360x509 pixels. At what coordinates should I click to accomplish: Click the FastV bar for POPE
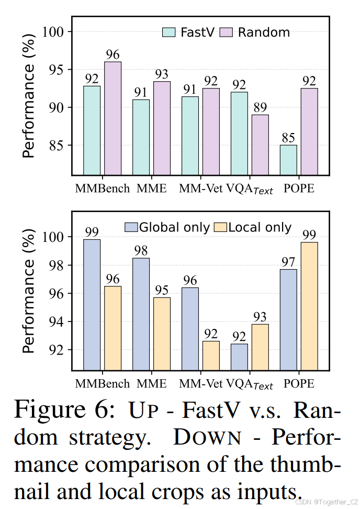pyautogui.click(x=288, y=160)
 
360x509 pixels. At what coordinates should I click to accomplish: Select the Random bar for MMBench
pyautogui.click(x=113, y=118)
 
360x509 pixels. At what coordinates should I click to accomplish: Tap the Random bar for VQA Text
pyautogui.click(x=260, y=145)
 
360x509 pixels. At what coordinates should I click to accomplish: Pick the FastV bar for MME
pyautogui.click(x=141, y=137)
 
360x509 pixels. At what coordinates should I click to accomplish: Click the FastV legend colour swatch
pyautogui.click(x=169, y=32)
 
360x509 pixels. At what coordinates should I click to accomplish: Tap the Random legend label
pyautogui.click(x=264, y=32)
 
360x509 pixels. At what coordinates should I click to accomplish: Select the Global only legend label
pyautogui.click(x=174, y=227)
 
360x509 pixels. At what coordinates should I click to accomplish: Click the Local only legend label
pyautogui.click(x=260, y=227)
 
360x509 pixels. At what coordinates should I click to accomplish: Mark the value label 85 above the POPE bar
pyautogui.click(x=288, y=138)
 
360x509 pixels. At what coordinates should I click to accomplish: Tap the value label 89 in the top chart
pyautogui.click(x=260, y=107)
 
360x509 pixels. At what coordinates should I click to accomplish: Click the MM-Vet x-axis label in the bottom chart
pyautogui.click(x=200, y=383)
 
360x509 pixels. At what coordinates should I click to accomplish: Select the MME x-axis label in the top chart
pyautogui.click(x=152, y=189)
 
